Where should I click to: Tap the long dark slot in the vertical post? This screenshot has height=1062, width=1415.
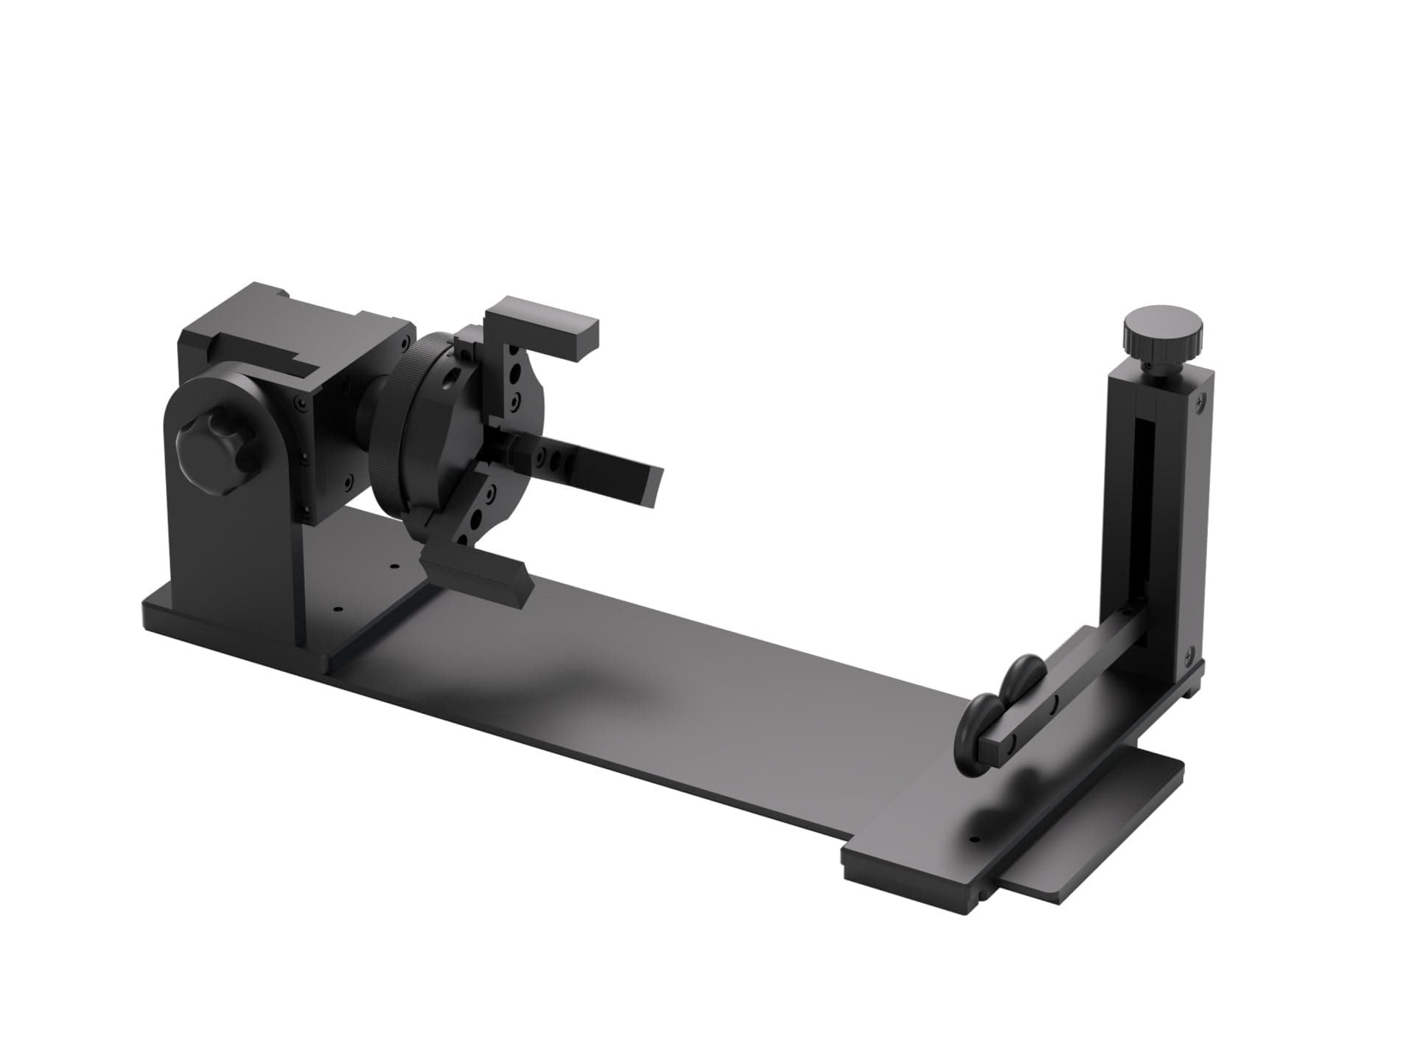click(1142, 516)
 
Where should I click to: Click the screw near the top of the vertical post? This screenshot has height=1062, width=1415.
click(1202, 403)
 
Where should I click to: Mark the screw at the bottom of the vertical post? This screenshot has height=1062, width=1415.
click(1189, 653)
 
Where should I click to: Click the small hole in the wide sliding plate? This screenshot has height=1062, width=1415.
click(974, 840)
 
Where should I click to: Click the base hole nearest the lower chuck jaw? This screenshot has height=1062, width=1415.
click(394, 566)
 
